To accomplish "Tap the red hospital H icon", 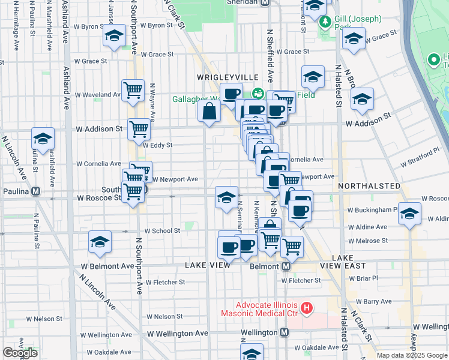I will (307, 308).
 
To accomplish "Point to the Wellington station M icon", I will (285, 332).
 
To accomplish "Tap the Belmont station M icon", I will (286, 266).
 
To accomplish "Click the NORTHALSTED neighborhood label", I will (369, 186).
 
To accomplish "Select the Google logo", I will (20, 353).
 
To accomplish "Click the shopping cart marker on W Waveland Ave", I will (133, 90).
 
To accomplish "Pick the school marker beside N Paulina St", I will (43, 138).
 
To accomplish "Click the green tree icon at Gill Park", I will (325, 22).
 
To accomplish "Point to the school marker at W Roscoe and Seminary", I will (226, 197).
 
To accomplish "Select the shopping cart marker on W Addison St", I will (139, 128).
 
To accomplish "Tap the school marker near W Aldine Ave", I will (409, 213).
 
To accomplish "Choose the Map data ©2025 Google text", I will (412, 355).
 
